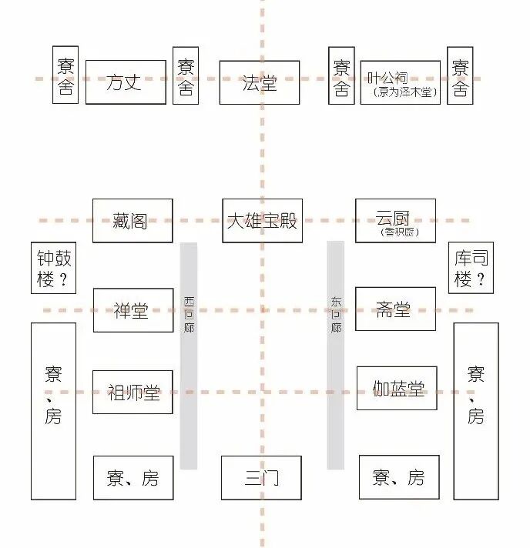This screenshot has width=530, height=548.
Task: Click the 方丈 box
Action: click(125, 82)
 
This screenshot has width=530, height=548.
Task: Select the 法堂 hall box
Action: click(259, 82)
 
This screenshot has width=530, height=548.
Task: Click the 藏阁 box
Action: click(132, 221)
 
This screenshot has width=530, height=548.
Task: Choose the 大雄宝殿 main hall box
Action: click(262, 221)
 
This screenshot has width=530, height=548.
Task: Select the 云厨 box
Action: click(394, 216)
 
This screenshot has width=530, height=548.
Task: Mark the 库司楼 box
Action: click(471, 269)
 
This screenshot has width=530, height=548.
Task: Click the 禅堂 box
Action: click(132, 310)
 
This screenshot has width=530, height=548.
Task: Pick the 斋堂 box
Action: click(394, 309)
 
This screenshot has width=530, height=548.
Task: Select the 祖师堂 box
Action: click(132, 392)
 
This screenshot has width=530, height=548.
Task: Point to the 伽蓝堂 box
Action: click(397, 388)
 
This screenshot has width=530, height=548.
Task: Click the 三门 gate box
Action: click(261, 478)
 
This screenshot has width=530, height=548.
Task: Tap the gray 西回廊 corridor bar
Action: click(189, 356)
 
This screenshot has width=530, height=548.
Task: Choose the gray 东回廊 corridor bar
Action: click(335, 356)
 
